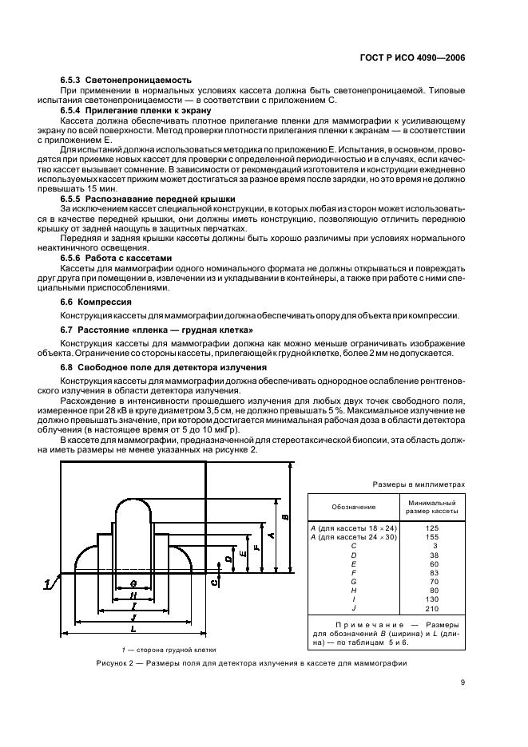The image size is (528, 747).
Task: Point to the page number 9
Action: (x=462, y=682)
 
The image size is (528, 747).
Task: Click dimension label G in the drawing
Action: (x=133, y=583)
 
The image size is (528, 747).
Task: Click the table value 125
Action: (x=431, y=528)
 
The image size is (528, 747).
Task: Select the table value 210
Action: (x=431, y=607)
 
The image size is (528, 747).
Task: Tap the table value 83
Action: (x=431, y=571)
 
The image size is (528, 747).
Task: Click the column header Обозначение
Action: (x=353, y=507)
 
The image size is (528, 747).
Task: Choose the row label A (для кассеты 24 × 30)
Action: (x=351, y=536)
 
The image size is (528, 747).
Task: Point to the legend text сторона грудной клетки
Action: (x=183, y=649)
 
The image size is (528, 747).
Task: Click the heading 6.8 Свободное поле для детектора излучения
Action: (x=164, y=366)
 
